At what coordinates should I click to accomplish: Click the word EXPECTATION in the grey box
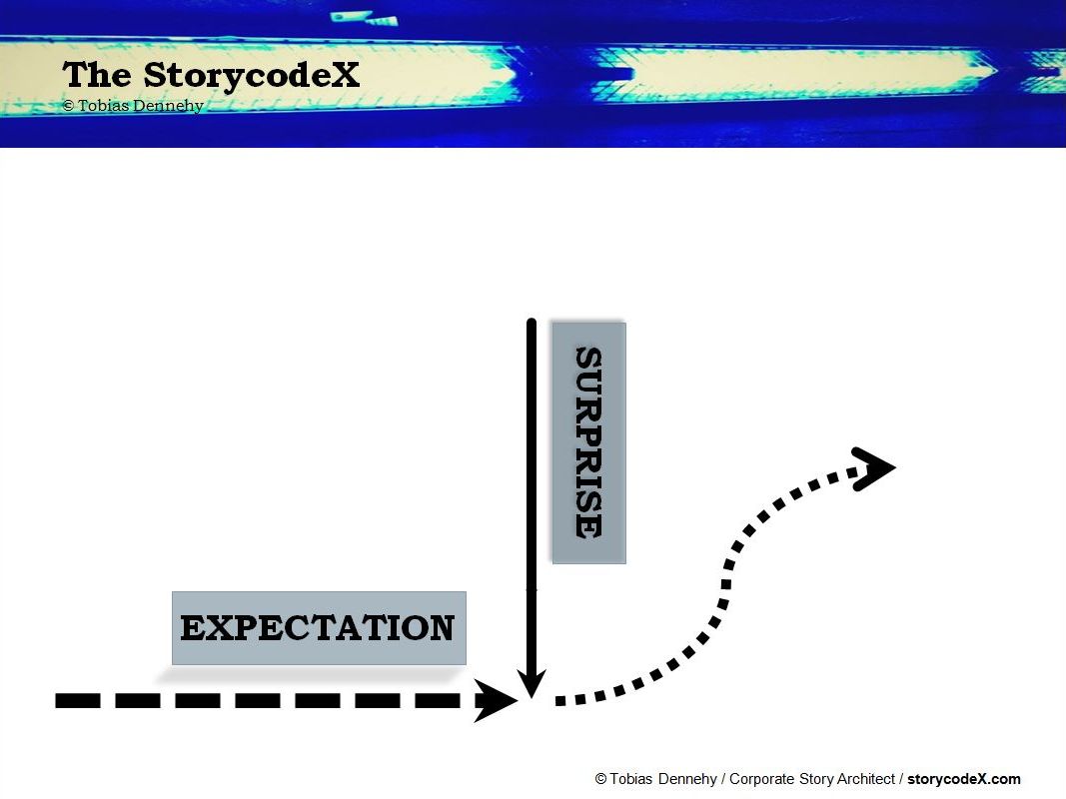[x=318, y=628]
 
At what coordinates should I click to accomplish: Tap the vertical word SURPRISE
[x=588, y=443]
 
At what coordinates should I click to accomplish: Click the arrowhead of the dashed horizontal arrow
[x=496, y=700]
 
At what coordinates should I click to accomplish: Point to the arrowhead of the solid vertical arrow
[x=532, y=684]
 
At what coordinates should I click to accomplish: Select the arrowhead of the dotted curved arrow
[x=873, y=468]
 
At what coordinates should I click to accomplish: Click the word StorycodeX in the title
[x=251, y=75]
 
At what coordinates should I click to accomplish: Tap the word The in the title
[x=97, y=74]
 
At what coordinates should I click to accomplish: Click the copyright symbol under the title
[x=68, y=105]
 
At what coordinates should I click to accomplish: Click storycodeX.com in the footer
[x=963, y=779]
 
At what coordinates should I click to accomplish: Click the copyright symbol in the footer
[x=601, y=779]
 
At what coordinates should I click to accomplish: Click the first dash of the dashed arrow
[x=78, y=700]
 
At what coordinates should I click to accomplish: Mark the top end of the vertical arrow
[x=532, y=321]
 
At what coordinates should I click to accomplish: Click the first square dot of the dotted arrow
[x=560, y=700]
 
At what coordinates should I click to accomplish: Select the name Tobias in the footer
[x=629, y=779]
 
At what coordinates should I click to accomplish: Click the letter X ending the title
[x=345, y=74]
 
